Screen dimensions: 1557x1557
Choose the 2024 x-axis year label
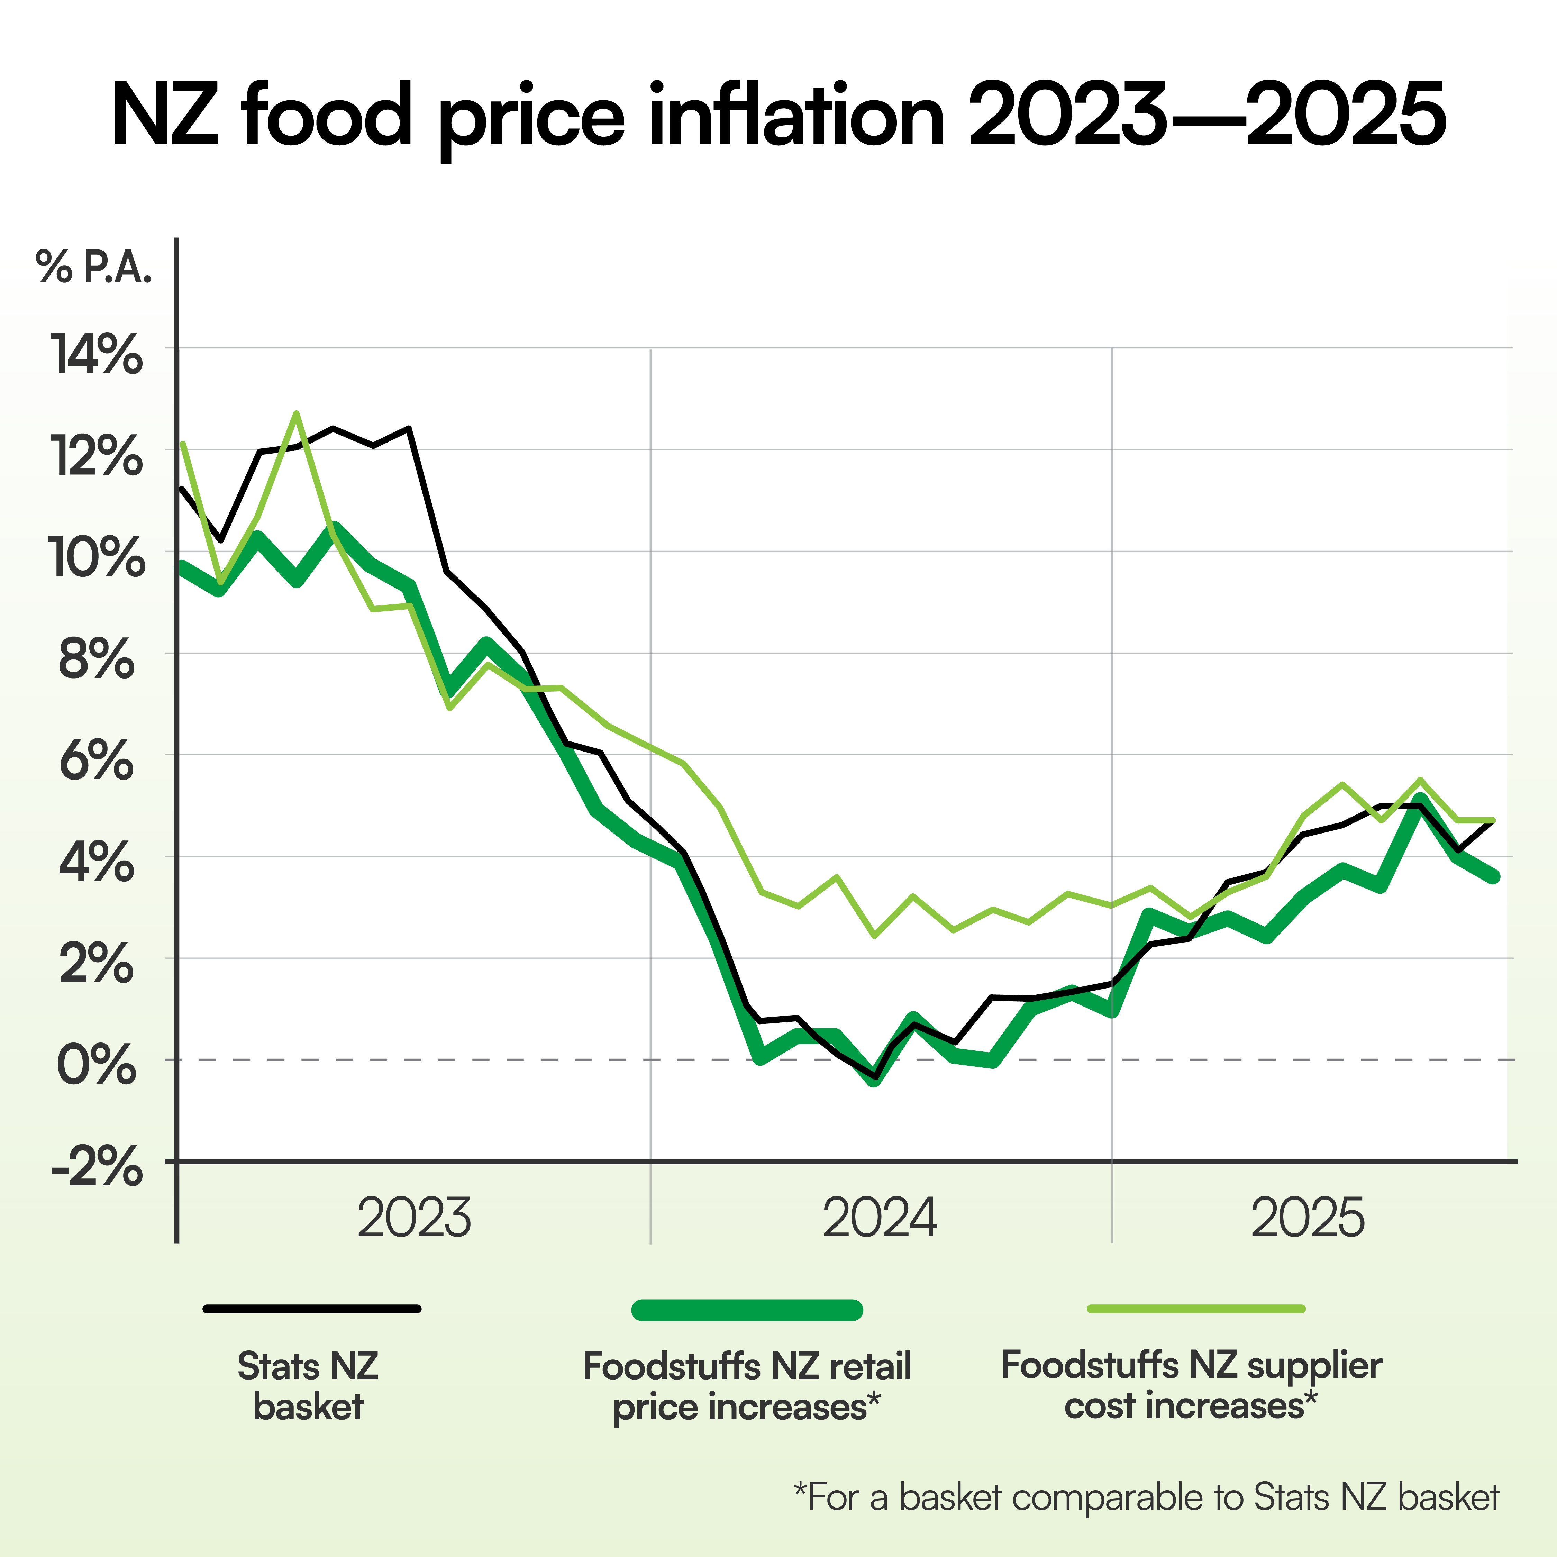(x=880, y=1219)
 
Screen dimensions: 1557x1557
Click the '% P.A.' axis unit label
(x=93, y=267)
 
